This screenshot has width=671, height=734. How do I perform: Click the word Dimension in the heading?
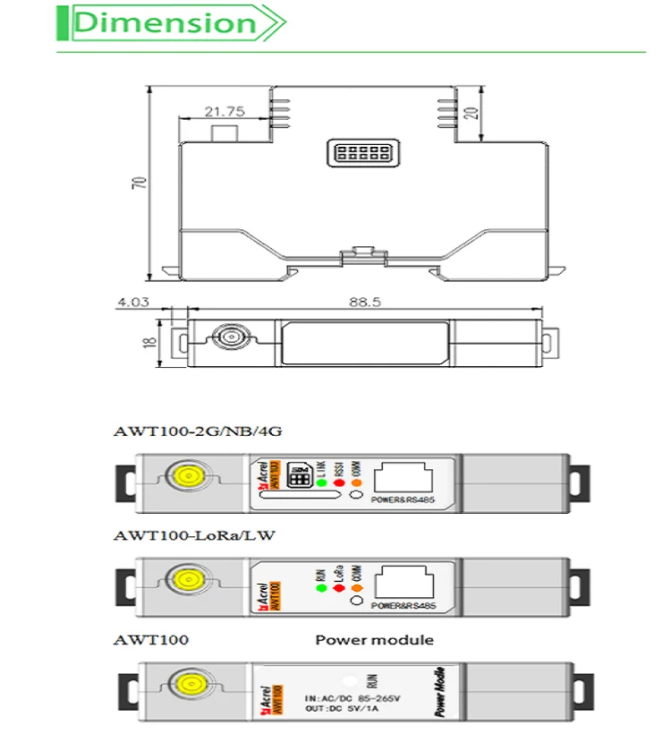165,24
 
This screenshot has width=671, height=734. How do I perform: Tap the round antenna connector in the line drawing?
224,340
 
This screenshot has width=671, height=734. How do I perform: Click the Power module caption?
374,640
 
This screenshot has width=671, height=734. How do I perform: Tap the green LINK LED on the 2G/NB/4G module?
320,483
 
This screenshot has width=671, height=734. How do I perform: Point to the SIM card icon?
300,480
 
